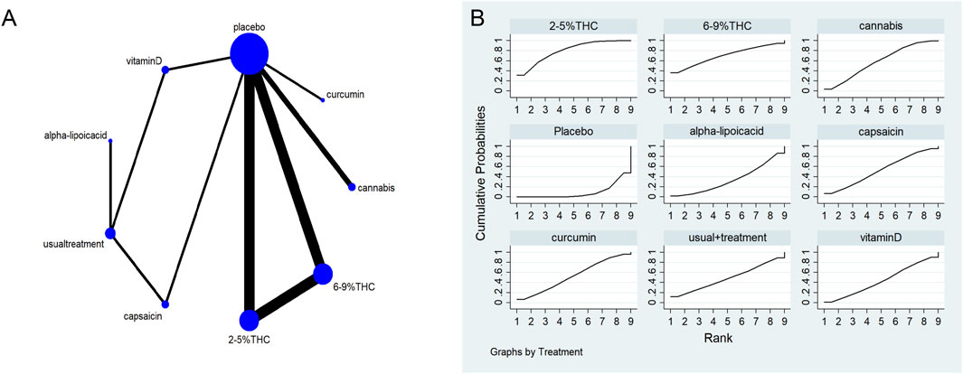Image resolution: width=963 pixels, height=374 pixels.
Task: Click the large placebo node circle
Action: coord(249,54)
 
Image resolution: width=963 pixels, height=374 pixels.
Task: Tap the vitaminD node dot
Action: coord(165,70)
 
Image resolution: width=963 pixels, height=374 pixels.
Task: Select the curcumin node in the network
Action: coord(323,99)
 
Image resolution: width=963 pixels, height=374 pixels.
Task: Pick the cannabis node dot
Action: coord(352,187)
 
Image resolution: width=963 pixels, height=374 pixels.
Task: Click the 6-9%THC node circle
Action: coord(323,273)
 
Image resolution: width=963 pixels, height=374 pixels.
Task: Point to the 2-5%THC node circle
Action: coord(249,320)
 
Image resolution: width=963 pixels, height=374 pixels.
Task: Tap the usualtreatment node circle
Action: coord(110,233)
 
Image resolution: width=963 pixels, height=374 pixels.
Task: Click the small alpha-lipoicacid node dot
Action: coord(110,141)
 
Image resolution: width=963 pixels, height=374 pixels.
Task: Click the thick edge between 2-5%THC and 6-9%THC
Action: coord(286,296)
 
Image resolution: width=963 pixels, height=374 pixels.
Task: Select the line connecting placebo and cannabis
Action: coord(303,124)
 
